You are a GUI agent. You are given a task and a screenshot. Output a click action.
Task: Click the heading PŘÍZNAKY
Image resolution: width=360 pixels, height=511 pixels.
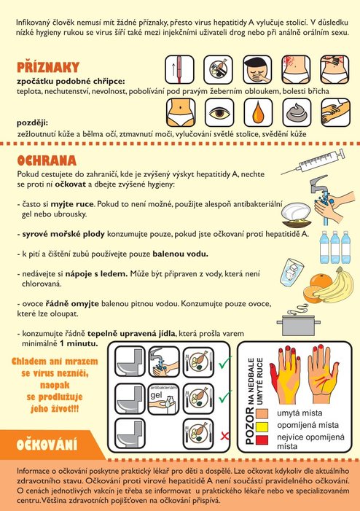pos(48,67)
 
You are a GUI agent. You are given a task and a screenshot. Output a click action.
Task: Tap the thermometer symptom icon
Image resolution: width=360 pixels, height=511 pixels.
pos(179,70)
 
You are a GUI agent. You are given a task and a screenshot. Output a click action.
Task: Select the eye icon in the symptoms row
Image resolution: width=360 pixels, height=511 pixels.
pos(219,113)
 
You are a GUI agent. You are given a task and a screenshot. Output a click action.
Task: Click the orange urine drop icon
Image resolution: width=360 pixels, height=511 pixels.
pos(258,113)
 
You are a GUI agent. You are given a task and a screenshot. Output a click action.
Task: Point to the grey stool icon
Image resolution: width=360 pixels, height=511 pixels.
pos(297,113)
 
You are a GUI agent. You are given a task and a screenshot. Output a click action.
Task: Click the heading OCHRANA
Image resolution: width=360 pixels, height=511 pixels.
pos(47,160)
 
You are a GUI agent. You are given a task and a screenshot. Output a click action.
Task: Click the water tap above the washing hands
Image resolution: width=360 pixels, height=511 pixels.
pos(319,184)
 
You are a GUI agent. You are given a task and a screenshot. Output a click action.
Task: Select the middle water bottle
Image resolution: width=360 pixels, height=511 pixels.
pos(335,247)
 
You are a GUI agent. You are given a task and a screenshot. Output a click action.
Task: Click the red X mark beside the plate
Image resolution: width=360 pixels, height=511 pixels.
pos(224,435)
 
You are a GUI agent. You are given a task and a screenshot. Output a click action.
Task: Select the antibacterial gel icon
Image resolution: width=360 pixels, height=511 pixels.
pos(163,399)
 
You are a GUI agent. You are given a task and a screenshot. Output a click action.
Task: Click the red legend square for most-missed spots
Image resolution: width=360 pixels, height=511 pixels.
pos(262,440)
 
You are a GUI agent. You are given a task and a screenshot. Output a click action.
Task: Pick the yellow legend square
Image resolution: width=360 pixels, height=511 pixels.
pos(262,426)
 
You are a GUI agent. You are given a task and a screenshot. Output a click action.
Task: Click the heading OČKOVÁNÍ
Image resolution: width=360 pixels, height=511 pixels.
pos(47,445)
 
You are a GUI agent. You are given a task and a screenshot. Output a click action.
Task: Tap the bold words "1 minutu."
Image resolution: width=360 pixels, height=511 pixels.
pos(79,343)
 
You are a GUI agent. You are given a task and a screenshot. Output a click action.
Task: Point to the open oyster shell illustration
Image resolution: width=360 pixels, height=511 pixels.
pos(297,214)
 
